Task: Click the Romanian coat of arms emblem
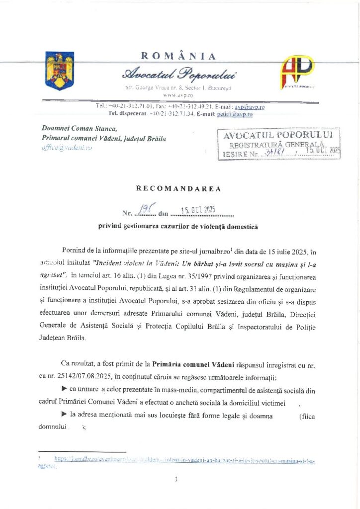click(x=59, y=71)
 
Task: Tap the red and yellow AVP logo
click(x=298, y=72)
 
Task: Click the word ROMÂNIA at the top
click(x=179, y=56)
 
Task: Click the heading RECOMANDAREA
click(x=179, y=188)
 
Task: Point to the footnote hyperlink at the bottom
click(x=184, y=460)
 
